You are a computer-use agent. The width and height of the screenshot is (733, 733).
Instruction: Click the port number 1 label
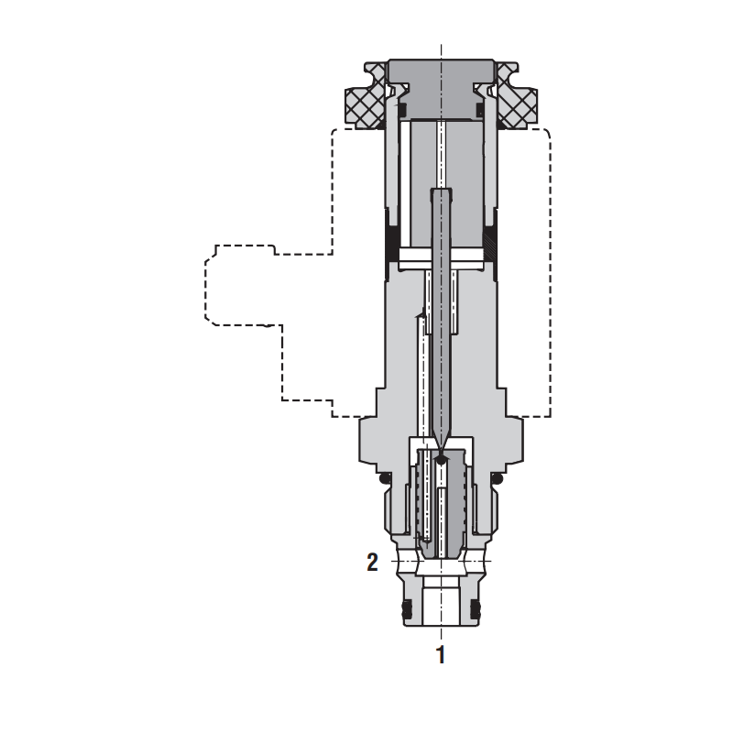click(441, 655)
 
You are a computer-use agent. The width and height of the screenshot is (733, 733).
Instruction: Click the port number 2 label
click(373, 563)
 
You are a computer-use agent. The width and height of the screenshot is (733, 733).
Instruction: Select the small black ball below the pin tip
click(442, 462)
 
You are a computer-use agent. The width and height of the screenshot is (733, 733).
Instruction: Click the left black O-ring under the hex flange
click(386, 479)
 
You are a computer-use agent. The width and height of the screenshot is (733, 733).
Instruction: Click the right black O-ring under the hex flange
click(498, 479)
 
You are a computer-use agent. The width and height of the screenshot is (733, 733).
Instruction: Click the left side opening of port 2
click(404, 560)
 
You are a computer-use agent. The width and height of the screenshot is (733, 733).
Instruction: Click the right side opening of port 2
click(479, 560)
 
